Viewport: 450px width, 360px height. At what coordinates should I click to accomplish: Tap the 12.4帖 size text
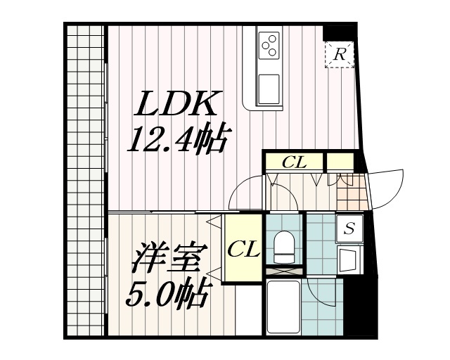pyautogui.click(x=176, y=139)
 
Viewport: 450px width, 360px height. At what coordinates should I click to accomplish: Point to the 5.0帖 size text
pyautogui.click(x=166, y=292)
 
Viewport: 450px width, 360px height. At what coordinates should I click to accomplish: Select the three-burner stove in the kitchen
pyautogui.click(x=270, y=46)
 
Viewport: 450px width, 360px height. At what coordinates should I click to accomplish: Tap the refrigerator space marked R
pyautogui.click(x=339, y=53)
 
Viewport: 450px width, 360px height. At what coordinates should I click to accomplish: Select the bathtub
pyautogui.click(x=285, y=307)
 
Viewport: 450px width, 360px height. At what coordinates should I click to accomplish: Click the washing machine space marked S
pyautogui.click(x=349, y=228)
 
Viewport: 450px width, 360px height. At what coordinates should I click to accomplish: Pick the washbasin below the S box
pyautogui.click(x=349, y=259)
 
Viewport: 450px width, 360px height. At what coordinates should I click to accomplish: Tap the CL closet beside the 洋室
pyautogui.click(x=243, y=248)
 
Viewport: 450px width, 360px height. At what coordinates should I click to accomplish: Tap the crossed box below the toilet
pyautogui.click(x=285, y=270)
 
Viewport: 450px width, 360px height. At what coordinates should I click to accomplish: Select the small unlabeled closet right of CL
pyautogui.click(x=340, y=162)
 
